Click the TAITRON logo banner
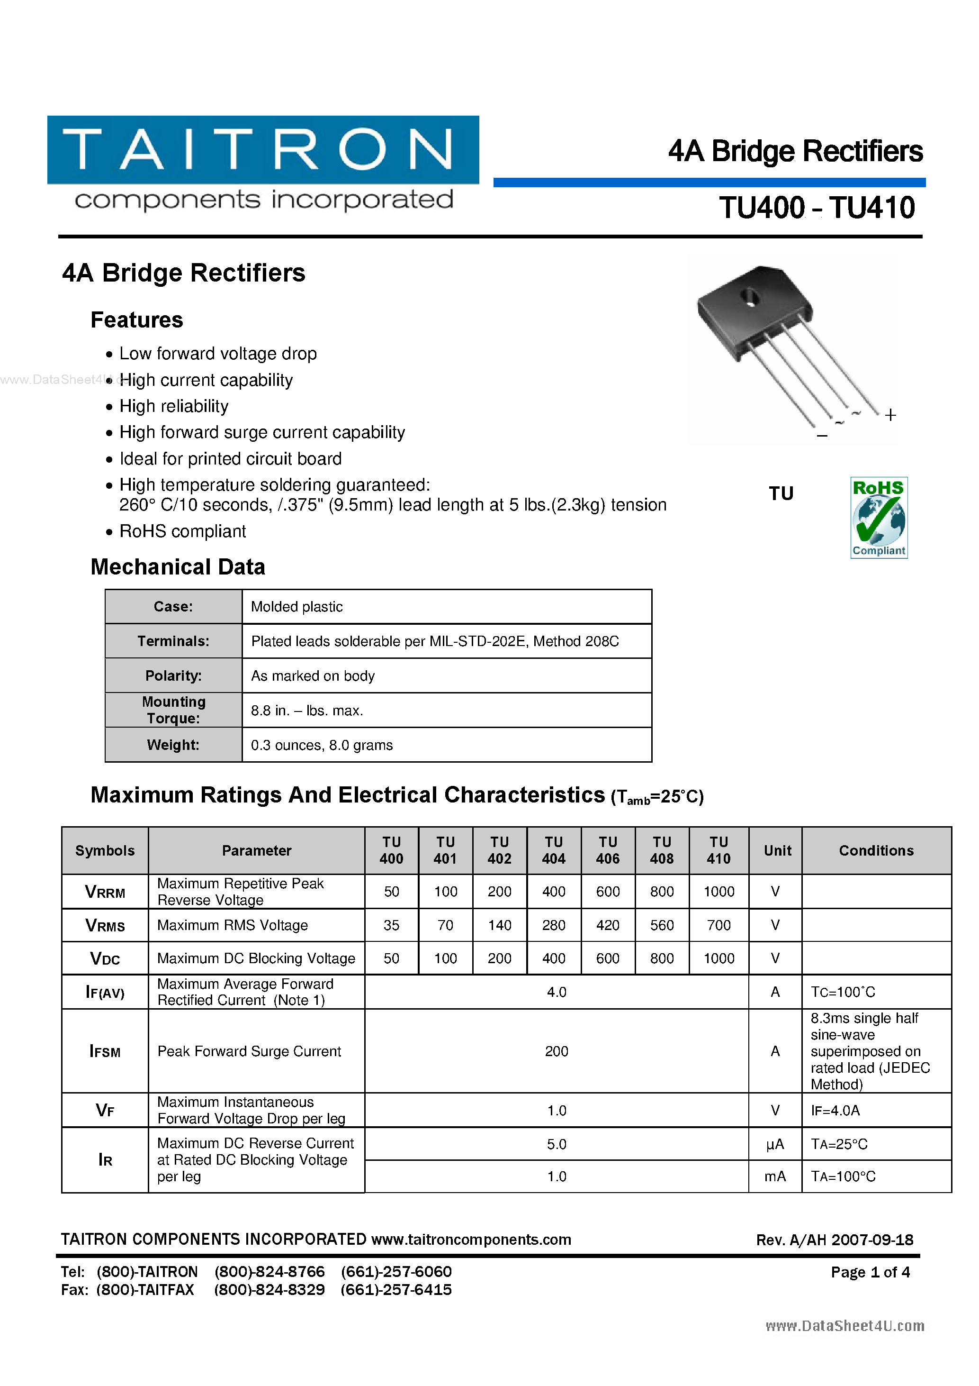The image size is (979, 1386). click(263, 150)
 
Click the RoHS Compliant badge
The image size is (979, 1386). click(878, 517)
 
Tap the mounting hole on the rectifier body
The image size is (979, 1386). click(750, 296)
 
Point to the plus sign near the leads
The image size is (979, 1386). click(890, 415)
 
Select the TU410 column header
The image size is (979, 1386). click(719, 850)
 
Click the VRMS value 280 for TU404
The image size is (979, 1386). click(553, 925)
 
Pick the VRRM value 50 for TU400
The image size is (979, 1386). click(392, 891)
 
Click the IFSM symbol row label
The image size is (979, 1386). click(105, 1051)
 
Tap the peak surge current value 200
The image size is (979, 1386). click(556, 1051)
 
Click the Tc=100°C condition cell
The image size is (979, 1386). click(843, 992)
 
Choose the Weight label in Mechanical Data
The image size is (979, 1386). click(173, 745)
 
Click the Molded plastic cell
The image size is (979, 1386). click(297, 607)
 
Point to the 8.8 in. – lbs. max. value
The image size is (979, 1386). click(306, 711)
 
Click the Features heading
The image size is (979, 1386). click(136, 320)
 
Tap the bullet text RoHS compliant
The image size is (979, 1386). click(182, 531)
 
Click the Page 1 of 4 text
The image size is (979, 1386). click(870, 1272)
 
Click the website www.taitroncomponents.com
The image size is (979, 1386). click(470, 1240)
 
